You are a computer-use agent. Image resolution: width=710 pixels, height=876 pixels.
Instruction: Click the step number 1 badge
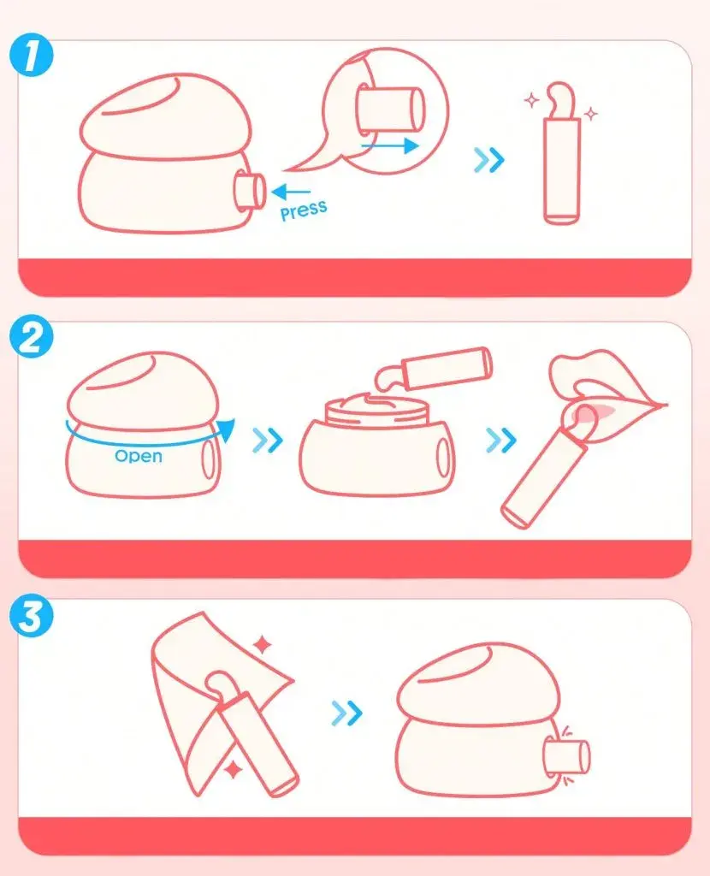[32, 56]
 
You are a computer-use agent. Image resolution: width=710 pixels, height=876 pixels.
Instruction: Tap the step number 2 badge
[32, 336]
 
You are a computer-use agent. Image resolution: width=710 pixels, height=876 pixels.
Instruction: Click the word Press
[304, 210]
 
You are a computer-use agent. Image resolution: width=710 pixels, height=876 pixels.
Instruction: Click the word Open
[139, 456]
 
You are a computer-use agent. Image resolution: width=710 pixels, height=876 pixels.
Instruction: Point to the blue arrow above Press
[291, 192]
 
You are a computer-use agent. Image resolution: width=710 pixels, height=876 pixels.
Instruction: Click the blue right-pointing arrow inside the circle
[390, 146]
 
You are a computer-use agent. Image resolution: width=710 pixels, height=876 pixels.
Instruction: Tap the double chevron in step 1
[488, 160]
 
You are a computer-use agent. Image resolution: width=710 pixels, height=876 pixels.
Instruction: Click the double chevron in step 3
[347, 713]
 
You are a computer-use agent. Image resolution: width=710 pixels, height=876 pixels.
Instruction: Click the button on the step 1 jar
[250, 192]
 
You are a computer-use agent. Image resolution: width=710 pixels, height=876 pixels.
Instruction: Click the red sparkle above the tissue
[262, 645]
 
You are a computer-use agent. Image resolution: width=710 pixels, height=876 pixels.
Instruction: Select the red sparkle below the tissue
[234, 770]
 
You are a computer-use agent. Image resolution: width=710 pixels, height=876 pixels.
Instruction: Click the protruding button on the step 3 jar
[567, 756]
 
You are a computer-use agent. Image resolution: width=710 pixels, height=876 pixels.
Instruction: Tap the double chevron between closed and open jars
[268, 441]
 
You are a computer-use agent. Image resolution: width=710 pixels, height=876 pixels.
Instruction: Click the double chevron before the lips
[501, 441]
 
